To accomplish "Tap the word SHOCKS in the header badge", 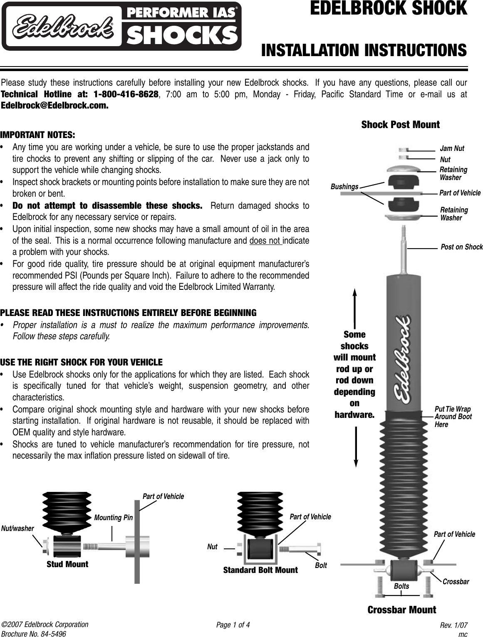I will (x=181, y=35).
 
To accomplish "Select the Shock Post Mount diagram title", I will (x=400, y=125).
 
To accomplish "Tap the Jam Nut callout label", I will (x=452, y=148).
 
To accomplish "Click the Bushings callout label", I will (x=344, y=187).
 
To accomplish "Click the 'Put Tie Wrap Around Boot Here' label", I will (x=453, y=417).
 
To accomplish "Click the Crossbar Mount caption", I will (x=402, y=610).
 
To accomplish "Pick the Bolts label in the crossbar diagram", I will (x=401, y=586).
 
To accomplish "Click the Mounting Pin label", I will (x=113, y=518).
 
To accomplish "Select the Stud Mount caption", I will (x=67, y=564).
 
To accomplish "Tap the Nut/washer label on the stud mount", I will (x=17, y=528).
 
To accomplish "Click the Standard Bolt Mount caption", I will (x=260, y=570).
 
